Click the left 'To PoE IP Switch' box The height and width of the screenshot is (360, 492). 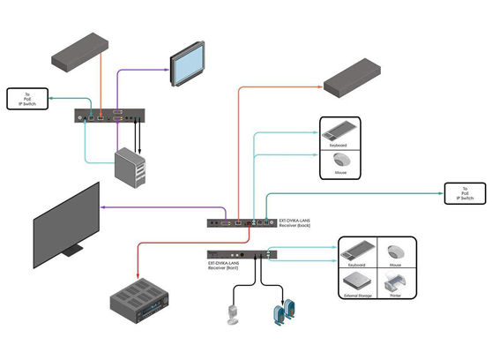tap(26, 99)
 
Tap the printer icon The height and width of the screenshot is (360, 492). tap(397, 282)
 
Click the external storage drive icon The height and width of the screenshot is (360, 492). tap(358, 282)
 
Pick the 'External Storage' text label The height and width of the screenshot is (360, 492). tap(358, 297)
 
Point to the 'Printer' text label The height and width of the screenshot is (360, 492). tap(397, 297)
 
